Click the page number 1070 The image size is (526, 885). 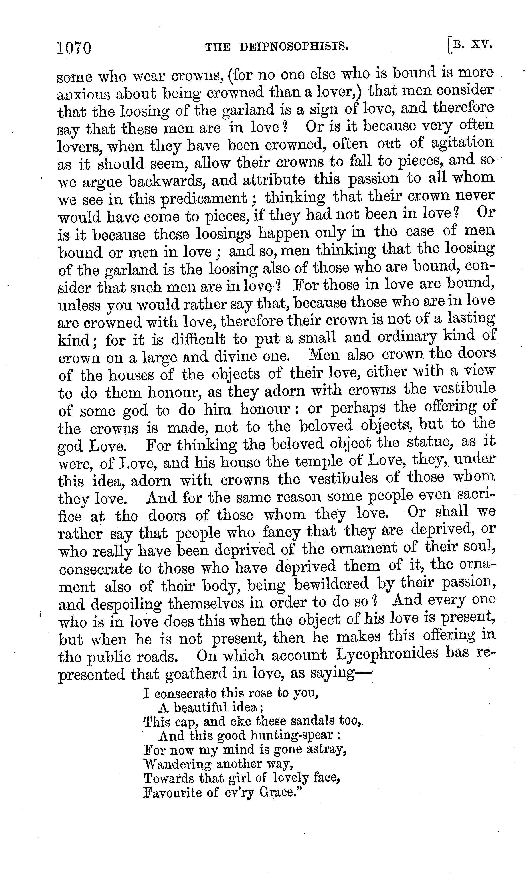tap(74, 47)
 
